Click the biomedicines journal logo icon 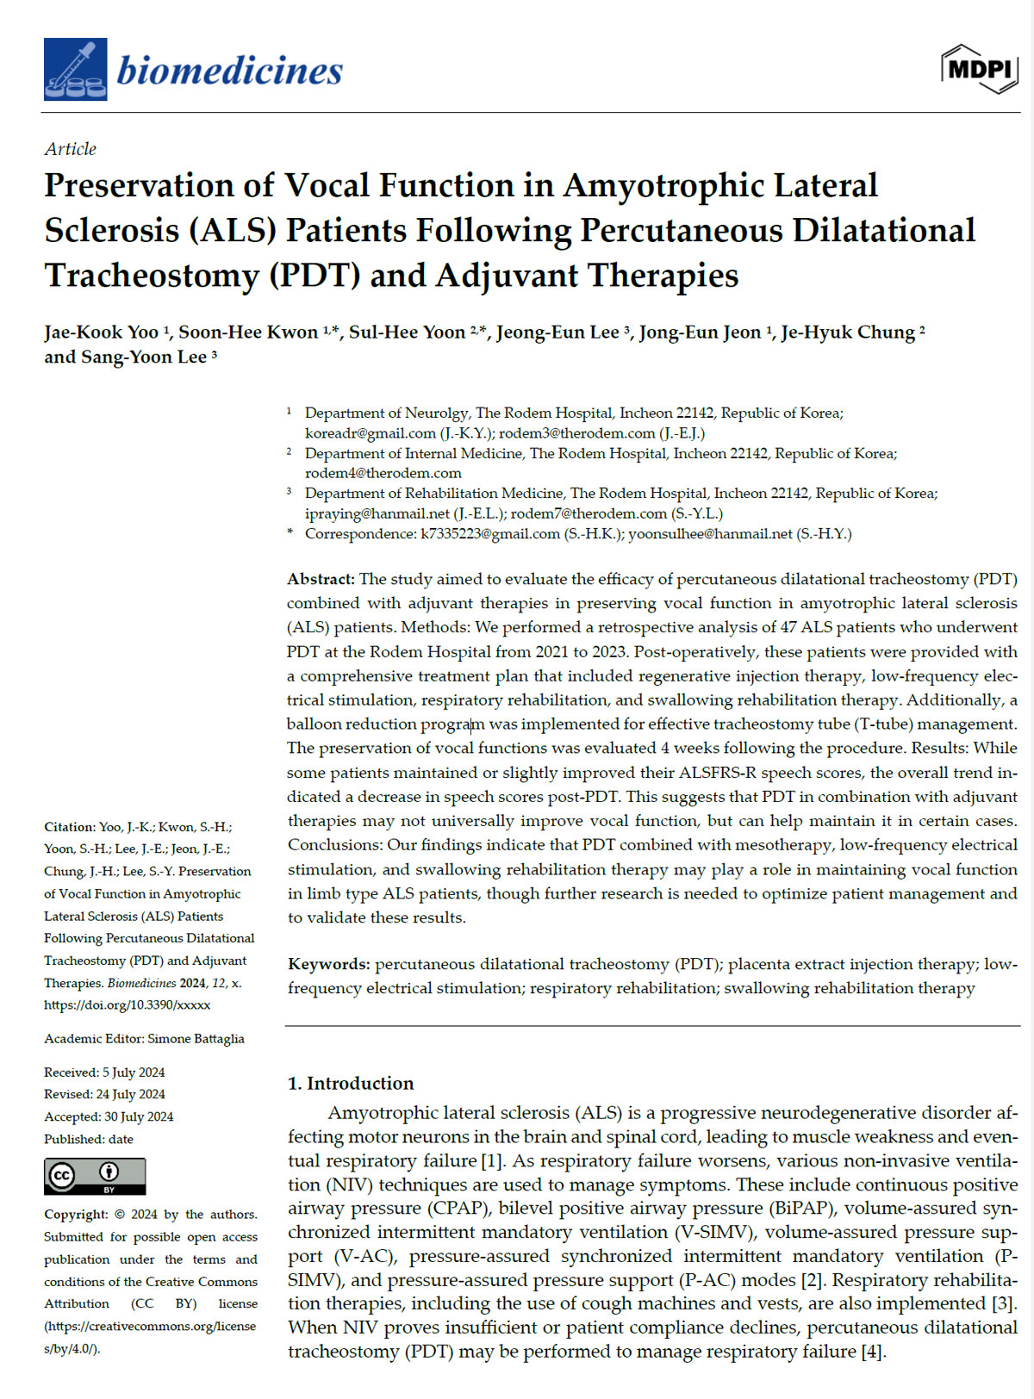coord(76,70)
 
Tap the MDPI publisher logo coord(980,69)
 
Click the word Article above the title coord(71,149)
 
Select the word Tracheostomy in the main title coord(152,276)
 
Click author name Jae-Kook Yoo coord(102,333)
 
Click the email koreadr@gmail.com coord(371,433)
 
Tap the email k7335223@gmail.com coord(489,534)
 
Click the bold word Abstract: coord(321,579)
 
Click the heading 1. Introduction coord(351,1083)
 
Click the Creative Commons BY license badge coord(95,1176)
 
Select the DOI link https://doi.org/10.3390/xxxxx coord(128,1004)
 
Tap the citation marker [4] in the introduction coord(872,1352)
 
